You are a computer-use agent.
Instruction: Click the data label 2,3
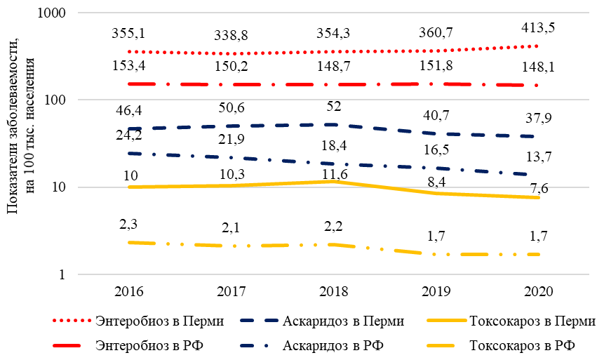pyautogui.click(x=128, y=224)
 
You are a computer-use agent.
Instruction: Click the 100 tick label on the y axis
pyautogui.click(x=55, y=100)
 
